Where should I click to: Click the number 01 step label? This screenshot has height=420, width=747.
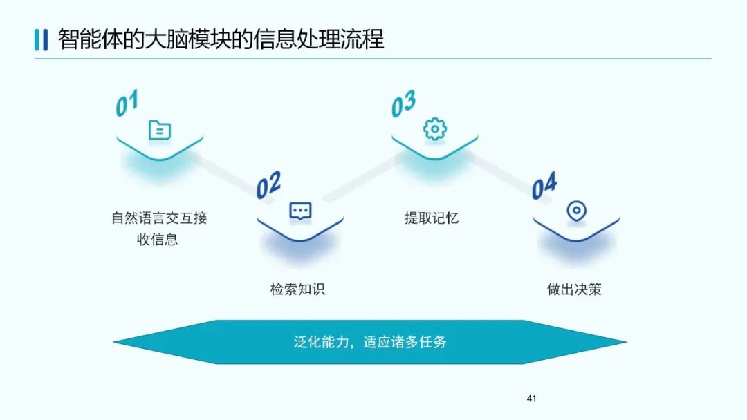[127, 104]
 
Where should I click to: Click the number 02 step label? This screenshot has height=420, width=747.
[268, 184]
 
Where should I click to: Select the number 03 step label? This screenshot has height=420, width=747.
[403, 104]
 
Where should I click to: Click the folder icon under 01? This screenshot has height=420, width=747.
[160, 130]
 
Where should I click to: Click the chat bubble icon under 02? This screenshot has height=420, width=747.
[300, 211]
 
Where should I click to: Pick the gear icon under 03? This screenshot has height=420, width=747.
[435, 129]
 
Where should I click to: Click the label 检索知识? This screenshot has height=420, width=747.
[297, 289]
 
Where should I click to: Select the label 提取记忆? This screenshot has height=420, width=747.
[432, 218]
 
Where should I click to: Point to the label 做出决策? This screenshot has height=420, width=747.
[574, 289]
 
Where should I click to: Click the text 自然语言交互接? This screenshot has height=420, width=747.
[159, 218]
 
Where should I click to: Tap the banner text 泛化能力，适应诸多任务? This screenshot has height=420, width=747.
[370, 342]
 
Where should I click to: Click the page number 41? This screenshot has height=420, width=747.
[531, 399]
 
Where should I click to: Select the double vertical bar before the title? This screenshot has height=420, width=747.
[41, 39]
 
